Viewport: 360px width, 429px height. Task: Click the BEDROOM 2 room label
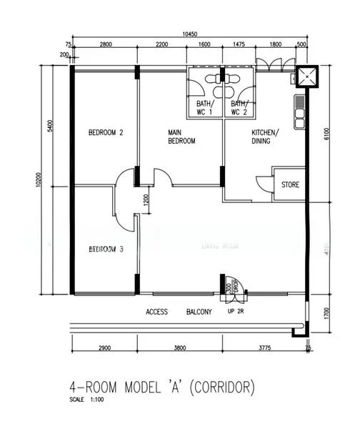point(106,132)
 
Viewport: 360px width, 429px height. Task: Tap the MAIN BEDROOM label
point(181,137)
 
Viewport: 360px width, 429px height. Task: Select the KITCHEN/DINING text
point(265,137)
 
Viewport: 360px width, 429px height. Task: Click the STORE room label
point(290,185)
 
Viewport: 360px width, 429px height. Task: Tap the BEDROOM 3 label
point(106,249)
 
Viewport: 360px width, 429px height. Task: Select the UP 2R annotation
point(236,312)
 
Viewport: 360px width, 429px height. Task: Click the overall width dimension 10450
point(189,34)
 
